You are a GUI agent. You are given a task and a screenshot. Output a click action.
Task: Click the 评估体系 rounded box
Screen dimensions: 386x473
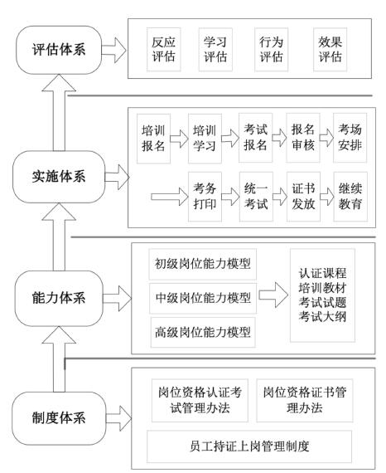click(x=59, y=50)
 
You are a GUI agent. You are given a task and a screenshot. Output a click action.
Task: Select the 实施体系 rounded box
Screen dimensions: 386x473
click(x=59, y=177)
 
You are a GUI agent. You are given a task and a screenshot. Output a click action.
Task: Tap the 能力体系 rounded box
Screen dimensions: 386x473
click(x=59, y=298)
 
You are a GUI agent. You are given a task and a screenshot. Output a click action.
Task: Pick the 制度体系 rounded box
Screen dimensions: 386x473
click(x=59, y=418)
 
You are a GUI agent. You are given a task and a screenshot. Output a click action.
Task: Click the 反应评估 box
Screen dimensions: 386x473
click(x=163, y=50)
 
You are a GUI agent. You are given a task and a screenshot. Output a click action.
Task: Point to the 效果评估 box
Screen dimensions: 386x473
click(x=330, y=50)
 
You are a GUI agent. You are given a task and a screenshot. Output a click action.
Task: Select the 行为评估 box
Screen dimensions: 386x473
click(x=272, y=50)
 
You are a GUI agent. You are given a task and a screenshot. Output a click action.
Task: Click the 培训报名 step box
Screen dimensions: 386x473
click(x=153, y=139)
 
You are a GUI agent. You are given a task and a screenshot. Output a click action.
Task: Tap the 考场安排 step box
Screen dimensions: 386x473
click(x=350, y=138)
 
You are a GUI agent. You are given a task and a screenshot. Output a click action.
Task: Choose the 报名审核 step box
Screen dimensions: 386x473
click(x=303, y=138)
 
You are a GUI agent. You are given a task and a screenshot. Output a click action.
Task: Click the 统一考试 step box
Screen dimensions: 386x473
click(x=256, y=197)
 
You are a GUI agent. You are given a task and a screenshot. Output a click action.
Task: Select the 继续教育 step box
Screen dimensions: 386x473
click(x=350, y=197)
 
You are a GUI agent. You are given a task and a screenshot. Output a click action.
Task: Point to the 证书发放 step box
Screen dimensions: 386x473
click(x=303, y=197)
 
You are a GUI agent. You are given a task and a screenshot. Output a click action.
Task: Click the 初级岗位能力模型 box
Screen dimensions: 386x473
click(x=203, y=264)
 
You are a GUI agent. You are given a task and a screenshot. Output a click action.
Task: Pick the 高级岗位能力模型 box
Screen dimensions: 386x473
click(x=203, y=333)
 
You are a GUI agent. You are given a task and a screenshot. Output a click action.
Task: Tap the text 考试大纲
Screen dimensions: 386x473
click(x=322, y=317)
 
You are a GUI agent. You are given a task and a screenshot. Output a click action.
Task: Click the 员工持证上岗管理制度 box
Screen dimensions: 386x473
click(x=249, y=446)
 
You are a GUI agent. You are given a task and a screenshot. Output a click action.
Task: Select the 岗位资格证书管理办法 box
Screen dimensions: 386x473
click(x=305, y=400)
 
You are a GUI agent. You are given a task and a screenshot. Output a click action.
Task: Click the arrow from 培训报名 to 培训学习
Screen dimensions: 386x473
click(x=180, y=139)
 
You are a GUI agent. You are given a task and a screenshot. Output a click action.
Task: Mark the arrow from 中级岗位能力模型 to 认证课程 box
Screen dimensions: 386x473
click(x=273, y=295)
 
